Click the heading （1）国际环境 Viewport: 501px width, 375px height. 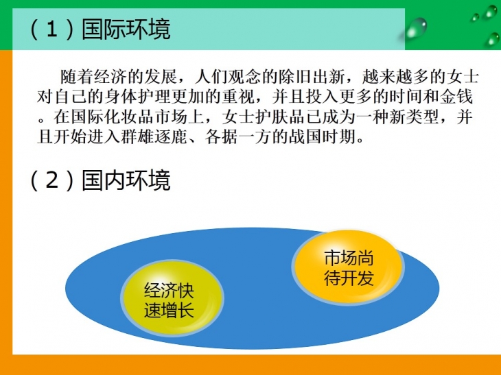[100, 29]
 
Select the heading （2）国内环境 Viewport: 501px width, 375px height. [100, 180]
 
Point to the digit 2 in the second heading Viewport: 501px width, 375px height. [52, 180]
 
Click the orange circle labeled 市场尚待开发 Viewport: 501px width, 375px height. [348, 267]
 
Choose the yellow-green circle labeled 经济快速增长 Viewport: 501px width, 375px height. [172, 298]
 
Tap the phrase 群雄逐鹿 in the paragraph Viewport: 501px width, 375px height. [154, 136]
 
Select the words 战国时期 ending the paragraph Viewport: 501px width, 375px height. [323, 136]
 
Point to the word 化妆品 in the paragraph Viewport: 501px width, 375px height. [129, 117]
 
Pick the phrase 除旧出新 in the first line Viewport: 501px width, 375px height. [311, 77]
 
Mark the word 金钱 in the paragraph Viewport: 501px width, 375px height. [456, 97]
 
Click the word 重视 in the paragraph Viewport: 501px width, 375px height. [238, 97]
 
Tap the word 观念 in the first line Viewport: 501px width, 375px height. [244, 77]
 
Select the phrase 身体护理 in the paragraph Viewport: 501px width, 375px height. [137, 97]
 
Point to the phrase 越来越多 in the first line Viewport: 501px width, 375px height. [395, 77]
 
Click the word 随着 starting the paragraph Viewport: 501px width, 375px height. [77, 77]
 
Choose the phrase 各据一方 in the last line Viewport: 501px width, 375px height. [238, 136]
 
